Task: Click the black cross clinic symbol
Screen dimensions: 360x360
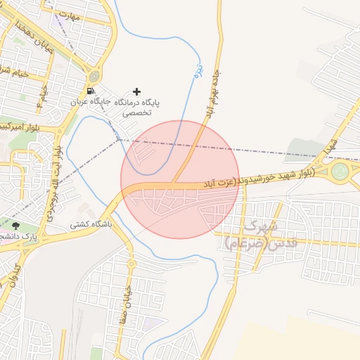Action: (x=136, y=91)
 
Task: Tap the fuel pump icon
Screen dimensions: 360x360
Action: (x=90, y=91)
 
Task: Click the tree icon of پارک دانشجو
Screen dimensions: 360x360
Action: (x=15, y=225)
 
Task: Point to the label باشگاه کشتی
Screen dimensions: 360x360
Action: (x=86, y=226)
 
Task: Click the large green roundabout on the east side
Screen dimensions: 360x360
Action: (x=341, y=171)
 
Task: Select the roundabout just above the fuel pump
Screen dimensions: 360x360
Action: (x=94, y=76)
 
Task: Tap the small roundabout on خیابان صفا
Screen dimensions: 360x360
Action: (x=131, y=264)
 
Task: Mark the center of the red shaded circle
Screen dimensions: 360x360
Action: (x=180, y=179)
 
